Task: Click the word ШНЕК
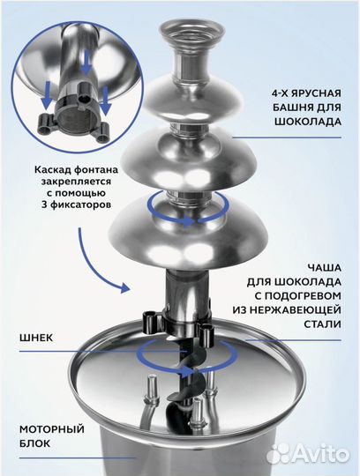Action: point(36,336)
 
